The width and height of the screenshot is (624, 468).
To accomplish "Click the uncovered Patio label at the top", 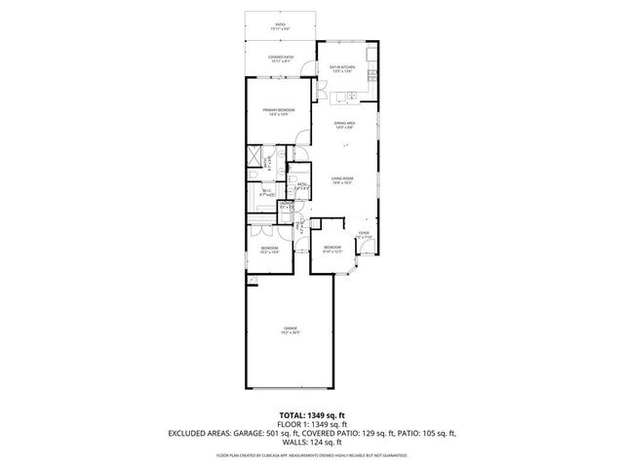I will click(280, 25).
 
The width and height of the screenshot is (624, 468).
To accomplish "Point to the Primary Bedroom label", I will click(278, 112).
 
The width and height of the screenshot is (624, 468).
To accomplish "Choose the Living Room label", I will click(341, 180).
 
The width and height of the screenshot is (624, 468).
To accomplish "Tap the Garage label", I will click(291, 330).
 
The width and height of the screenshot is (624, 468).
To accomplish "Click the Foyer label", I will click(363, 235).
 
